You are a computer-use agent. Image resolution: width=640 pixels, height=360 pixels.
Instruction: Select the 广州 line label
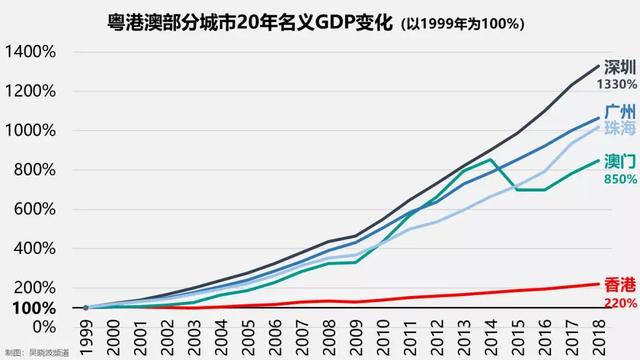pos(617,113)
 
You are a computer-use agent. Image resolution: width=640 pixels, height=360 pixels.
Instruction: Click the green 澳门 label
pos(617,162)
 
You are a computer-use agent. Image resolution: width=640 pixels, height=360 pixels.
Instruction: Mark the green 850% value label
pos(618,179)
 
